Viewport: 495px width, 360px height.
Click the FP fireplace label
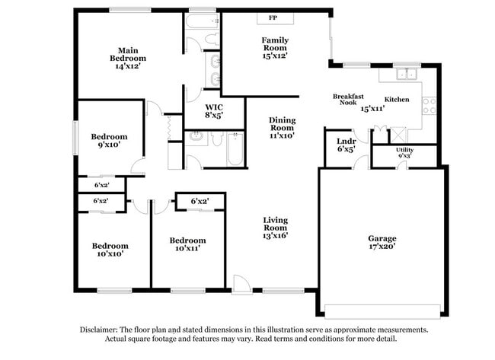[x=273, y=18]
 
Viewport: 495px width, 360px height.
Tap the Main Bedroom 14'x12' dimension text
[x=128, y=66]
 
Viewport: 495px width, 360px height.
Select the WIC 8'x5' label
[x=214, y=111]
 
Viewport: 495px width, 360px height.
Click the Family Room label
[x=275, y=44]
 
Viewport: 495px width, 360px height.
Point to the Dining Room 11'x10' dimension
[x=283, y=135]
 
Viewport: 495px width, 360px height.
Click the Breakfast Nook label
[x=348, y=100]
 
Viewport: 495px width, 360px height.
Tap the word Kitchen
[x=397, y=100]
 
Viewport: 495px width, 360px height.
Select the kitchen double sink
[x=407, y=74]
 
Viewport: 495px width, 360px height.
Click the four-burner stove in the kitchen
[x=430, y=106]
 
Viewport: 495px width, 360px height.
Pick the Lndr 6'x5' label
[x=346, y=145]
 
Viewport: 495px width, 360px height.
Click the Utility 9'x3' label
[x=404, y=153]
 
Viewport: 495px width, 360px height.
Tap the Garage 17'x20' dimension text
[x=382, y=247]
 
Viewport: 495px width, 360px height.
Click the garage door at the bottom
[x=382, y=312]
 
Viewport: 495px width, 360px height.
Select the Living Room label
[x=276, y=224]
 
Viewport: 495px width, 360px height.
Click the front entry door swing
[x=241, y=285]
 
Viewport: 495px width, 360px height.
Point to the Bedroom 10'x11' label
[x=188, y=244]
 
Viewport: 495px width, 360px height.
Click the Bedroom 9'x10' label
[x=109, y=141]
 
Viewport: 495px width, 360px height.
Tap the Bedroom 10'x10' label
[x=110, y=250]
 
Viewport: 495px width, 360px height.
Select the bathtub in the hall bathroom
[x=235, y=149]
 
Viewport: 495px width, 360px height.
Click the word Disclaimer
[x=99, y=330]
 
